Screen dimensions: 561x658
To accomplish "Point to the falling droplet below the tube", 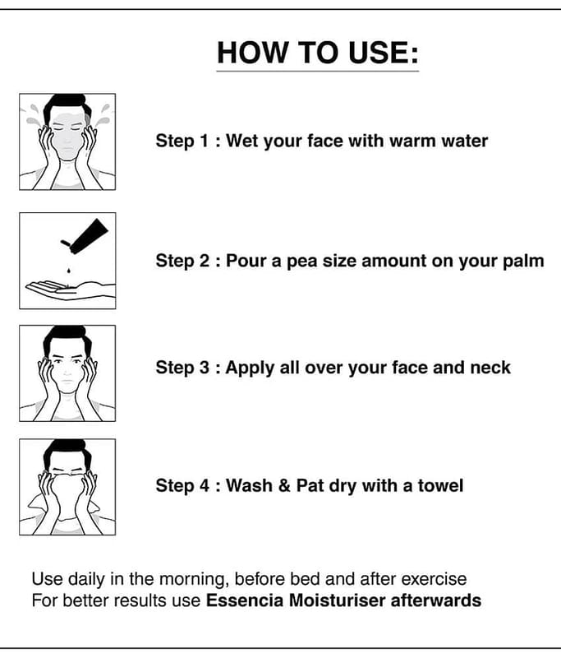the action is pos(69,270).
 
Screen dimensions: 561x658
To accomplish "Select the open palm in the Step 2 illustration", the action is pos(69,289).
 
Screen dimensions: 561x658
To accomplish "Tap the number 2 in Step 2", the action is pos(204,261).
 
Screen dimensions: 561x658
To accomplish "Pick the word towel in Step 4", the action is pos(440,486).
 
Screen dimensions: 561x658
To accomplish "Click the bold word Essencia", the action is pos(245,600).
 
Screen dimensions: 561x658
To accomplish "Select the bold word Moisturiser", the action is pos(338,600).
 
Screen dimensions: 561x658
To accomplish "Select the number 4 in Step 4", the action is pos(204,486).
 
